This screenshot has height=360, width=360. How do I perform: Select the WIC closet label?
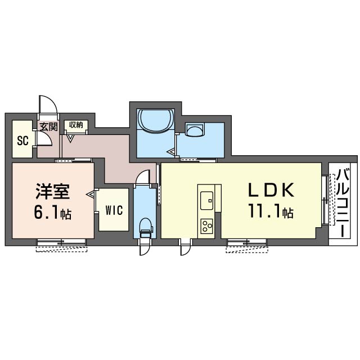[114, 210]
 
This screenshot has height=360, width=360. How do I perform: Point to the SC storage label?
[22, 141]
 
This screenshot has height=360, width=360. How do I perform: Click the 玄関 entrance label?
[48, 127]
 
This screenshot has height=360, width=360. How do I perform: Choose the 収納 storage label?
[76, 125]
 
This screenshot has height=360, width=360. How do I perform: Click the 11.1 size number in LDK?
[264, 211]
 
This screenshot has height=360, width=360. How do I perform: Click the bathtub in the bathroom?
[155, 121]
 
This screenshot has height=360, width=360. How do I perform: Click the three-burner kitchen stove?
[206, 226]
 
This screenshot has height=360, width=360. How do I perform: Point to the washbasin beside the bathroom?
[195, 130]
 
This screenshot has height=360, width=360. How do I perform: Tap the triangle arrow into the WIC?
[91, 195]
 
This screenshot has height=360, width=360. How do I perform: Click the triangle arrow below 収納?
[70, 138]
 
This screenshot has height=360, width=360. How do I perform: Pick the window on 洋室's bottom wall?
[61, 242]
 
